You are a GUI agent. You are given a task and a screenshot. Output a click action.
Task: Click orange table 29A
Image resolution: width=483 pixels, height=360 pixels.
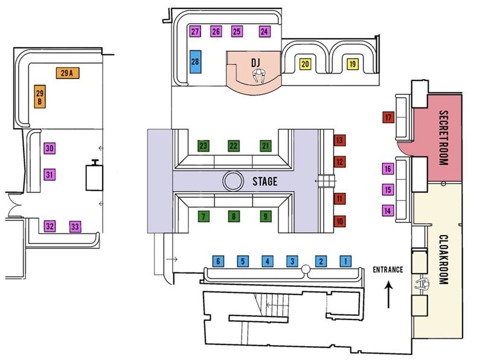pos(66,73)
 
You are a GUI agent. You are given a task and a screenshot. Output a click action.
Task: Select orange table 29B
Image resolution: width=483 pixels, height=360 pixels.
pos(40,97)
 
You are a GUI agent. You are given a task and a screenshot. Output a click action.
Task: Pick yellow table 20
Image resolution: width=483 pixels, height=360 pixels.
pos(305,63)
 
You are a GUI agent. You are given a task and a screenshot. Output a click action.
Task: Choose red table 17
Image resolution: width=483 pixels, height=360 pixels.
pos(388,118)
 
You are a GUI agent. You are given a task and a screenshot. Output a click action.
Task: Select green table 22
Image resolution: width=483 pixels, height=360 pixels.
pos(234,146)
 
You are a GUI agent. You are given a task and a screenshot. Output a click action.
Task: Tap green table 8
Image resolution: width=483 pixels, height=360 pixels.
pos(234,216)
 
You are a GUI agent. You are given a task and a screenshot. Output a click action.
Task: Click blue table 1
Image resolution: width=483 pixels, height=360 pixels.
pos(345,261)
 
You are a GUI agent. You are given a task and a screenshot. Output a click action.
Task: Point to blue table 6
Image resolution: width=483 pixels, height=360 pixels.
pos(219,261)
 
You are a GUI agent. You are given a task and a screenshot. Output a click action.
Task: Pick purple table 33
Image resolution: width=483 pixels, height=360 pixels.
pos(75,227)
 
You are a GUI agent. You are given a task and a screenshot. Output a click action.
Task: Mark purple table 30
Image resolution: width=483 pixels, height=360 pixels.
pos(50,149)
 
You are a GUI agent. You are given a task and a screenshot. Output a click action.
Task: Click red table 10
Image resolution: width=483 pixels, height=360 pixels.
pos(340,222)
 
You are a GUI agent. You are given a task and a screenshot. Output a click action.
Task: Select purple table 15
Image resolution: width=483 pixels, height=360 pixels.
pos(388,190)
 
